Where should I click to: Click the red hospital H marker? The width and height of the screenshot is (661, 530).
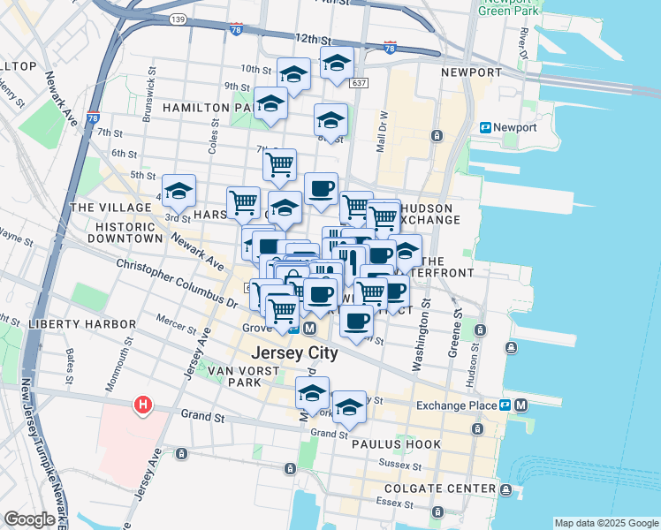[x=141, y=405]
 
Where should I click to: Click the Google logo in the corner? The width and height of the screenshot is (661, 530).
[x=29, y=519]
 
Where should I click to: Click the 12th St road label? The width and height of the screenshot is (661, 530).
[x=313, y=40]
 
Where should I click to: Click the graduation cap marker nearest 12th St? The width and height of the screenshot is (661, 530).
[x=337, y=64]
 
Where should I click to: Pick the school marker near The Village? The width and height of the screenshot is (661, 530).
[x=179, y=192]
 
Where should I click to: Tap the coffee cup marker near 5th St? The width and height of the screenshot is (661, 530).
[x=321, y=189]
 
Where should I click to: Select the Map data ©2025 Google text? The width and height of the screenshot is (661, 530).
[x=605, y=522]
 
